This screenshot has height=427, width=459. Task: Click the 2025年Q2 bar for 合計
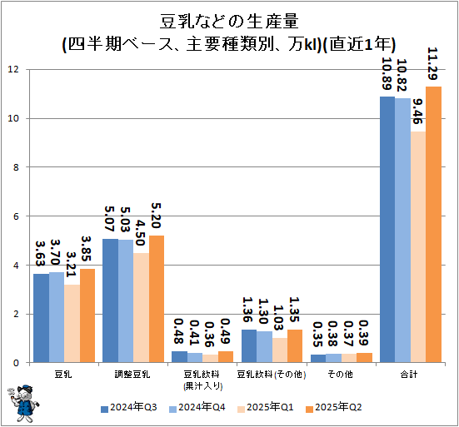pyautogui.click(x=434, y=225)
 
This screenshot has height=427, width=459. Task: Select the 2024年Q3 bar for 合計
pyautogui.click(x=387, y=230)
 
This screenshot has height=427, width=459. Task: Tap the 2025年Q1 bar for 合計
pyautogui.click(x=418, y=247)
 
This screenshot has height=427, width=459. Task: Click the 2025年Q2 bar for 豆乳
pyautogui.click(x=87, y=316)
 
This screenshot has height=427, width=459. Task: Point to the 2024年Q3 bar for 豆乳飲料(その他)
pyautogui.click(x=248, y=346)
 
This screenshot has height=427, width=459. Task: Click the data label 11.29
pyautogui.click(x=433, y=65)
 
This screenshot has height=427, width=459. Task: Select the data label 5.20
pyautogui.click(x=156, y=217)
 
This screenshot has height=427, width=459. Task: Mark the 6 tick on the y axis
pyautogui.click(x=16, y=216)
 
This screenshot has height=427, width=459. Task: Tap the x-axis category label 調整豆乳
pyautogui.click(x=132, y=375)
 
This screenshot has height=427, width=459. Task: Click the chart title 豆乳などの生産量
pyautogui.click(x=229, y=21)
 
